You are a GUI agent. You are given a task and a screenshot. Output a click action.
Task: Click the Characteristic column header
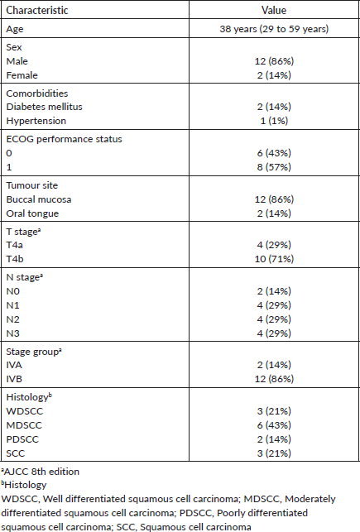(37, 10)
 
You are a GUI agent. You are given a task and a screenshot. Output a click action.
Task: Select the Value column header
(274, 10)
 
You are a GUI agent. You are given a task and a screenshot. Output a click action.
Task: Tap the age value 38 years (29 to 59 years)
(274, 29)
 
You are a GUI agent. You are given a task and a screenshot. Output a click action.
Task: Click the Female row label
(22, 75)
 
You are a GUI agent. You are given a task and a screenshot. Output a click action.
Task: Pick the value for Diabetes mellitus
(274, 107)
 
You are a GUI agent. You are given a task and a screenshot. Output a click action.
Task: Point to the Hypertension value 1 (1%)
(274, 121)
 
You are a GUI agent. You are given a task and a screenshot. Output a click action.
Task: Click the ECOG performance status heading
(64, 139)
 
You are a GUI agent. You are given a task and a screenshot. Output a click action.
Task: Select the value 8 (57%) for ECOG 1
(274, 167)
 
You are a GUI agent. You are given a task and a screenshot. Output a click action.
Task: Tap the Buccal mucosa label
(39, 199)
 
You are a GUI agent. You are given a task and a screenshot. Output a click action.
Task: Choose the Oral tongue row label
(32, 213)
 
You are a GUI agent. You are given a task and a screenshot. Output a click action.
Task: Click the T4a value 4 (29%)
(274, 245)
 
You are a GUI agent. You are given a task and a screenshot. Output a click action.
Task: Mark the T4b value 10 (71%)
(274, 259)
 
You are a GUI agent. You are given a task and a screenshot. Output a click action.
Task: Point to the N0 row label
(13, 291)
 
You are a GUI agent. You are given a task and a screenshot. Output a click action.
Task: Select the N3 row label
(13, 333)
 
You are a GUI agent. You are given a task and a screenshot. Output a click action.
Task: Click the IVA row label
(14, 365)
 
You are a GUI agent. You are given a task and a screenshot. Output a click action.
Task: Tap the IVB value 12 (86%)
(274, 379)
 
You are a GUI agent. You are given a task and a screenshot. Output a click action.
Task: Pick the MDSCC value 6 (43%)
(274, 424)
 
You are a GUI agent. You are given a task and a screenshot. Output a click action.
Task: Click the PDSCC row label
(22, 439)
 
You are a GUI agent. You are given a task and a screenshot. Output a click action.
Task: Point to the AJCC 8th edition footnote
(41, 472)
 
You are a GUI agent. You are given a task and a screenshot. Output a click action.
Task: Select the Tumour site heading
(32, 185)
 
